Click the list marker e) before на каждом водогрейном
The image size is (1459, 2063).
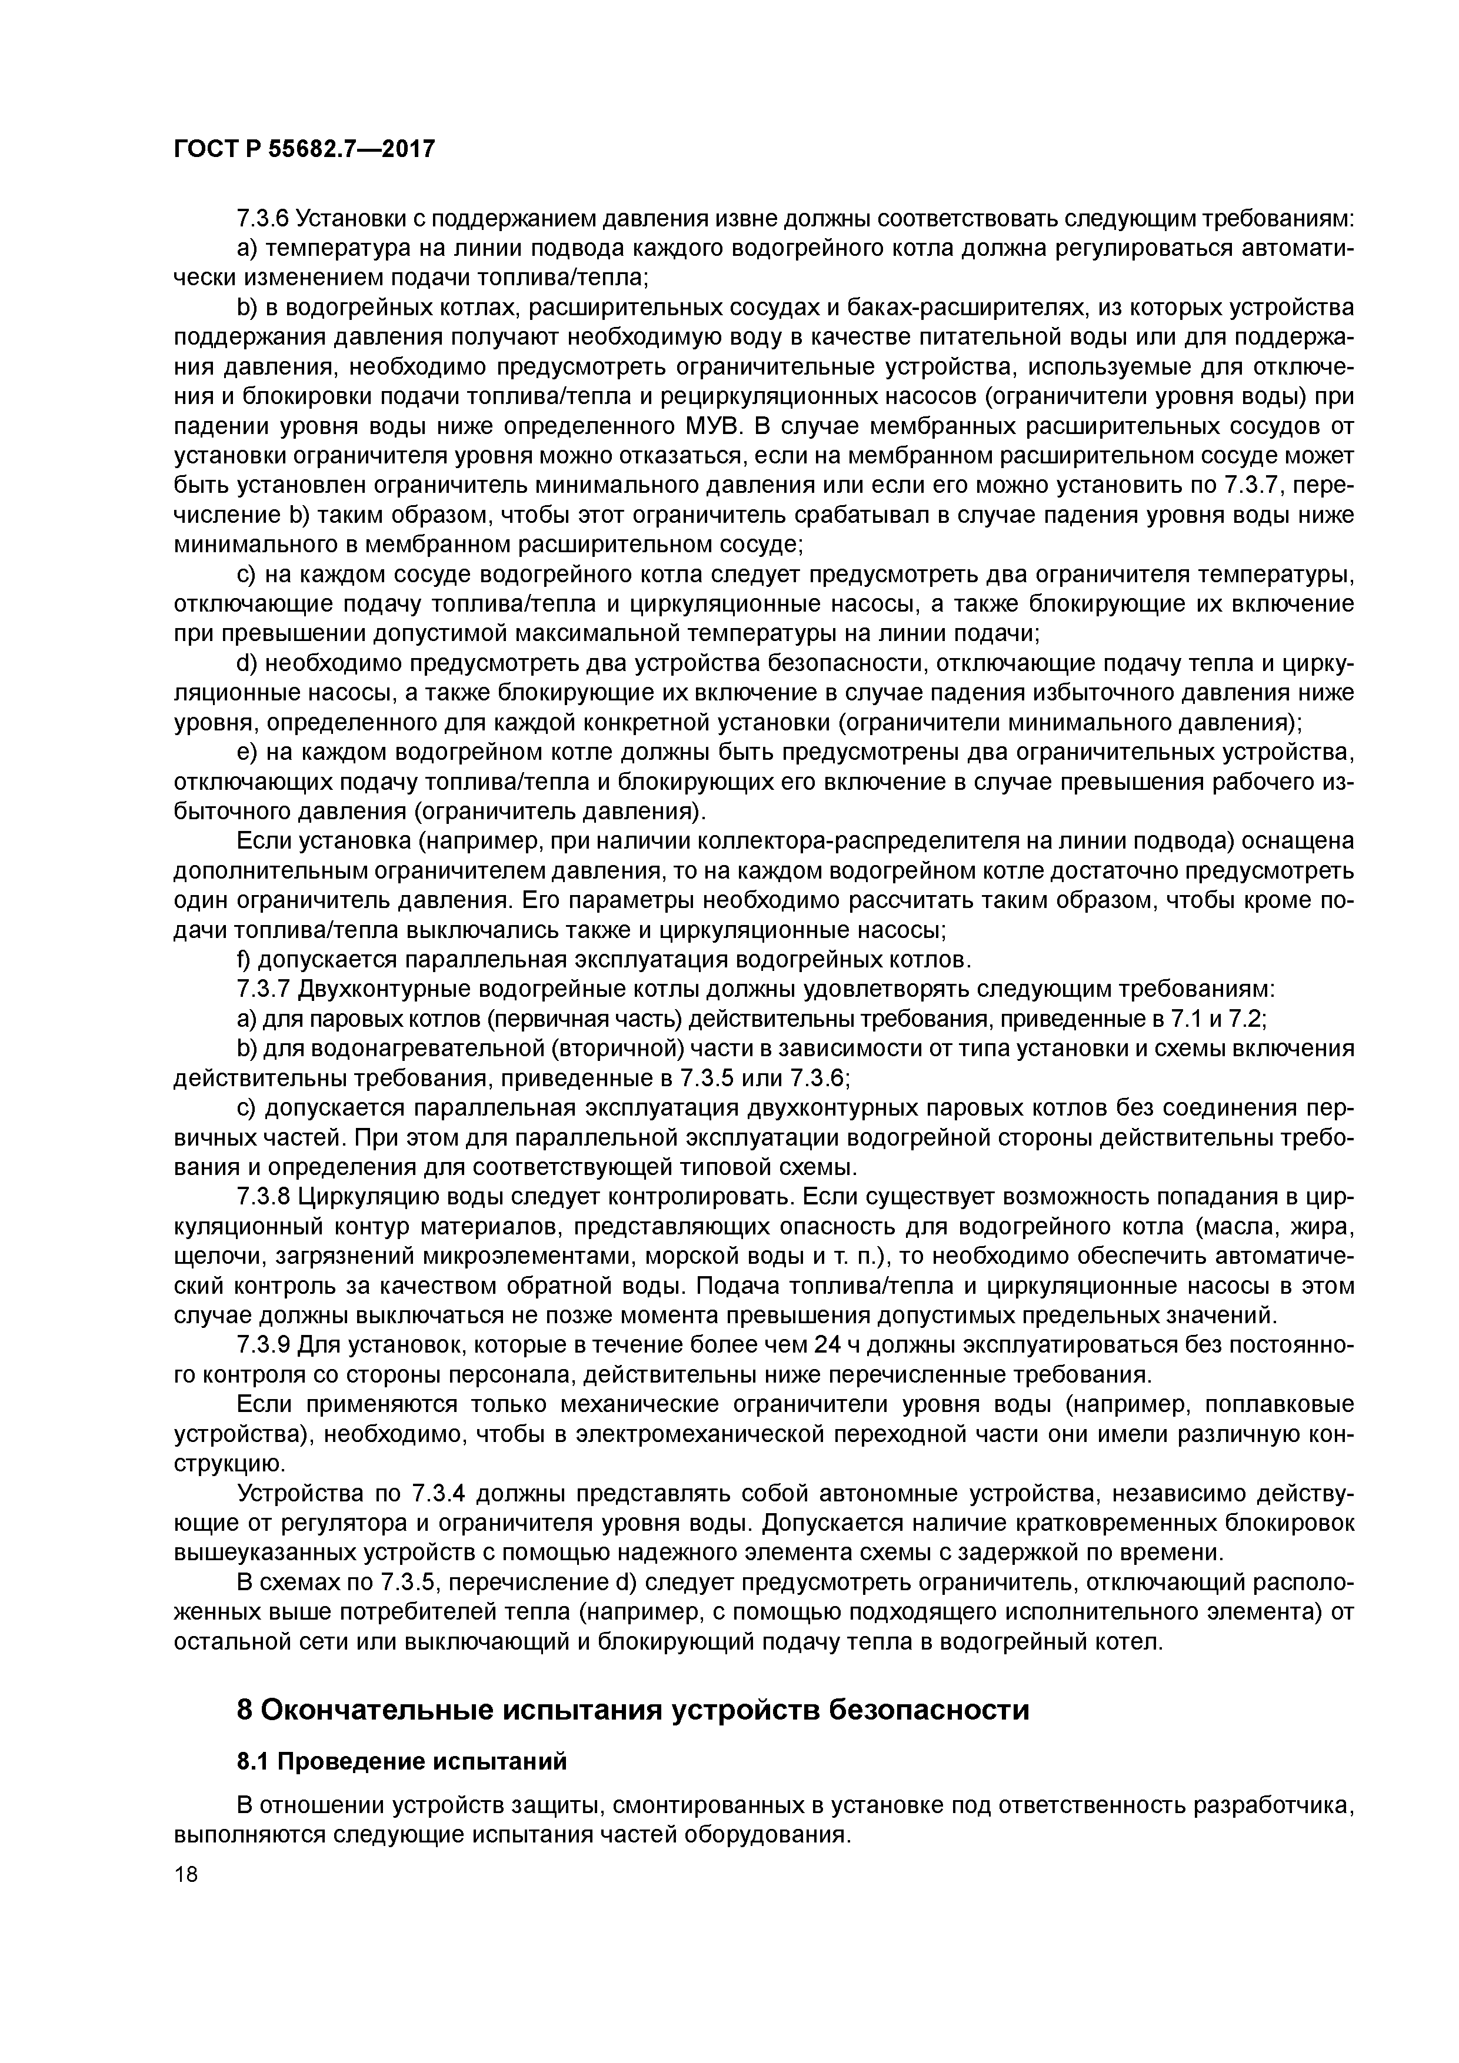click(245, 752)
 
